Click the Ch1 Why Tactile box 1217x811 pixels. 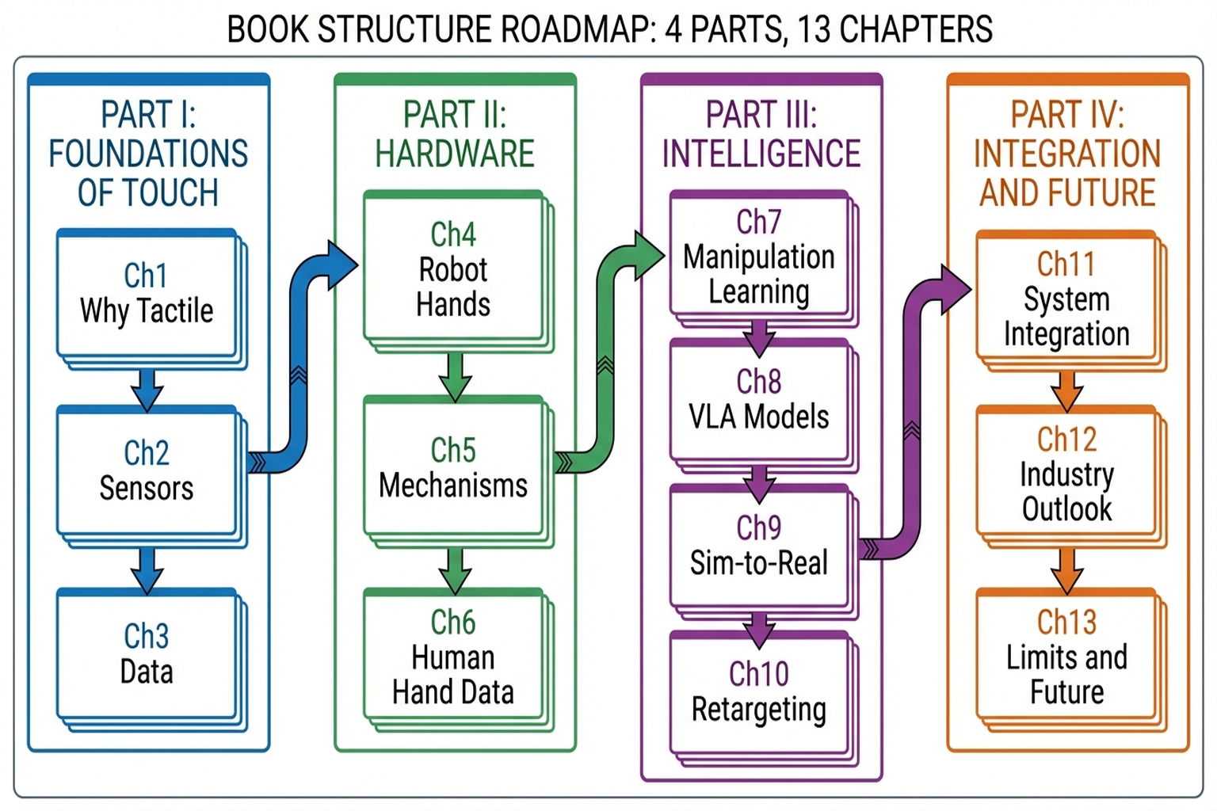click(x=147, y=295)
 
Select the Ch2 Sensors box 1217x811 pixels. click(x=147, y=472)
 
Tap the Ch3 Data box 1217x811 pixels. click(x=147, y=654)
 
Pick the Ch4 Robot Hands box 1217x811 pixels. click(x=454, y=269)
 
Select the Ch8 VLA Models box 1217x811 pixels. click(x=760, y=400)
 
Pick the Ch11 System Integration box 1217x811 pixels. click(x=1067, y=299)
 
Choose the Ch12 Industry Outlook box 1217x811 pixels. click(x=1067, y=474)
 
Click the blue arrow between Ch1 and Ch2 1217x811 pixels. click(x=147, y=388)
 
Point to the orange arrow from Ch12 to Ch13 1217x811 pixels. click(x=1067, y=569)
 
